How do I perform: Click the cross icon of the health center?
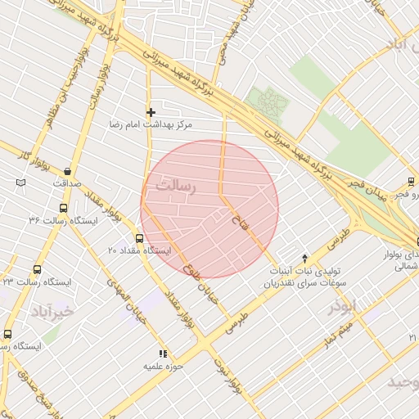click(x=151, y=112)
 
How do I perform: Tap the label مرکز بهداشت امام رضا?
click(x=155, y=126)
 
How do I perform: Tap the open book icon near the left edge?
click(x=20, y=182)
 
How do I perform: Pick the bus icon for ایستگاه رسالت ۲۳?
click(x=37, y=269)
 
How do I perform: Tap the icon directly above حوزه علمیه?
click(x=162, y=354)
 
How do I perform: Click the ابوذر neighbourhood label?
click(x=342, y=307)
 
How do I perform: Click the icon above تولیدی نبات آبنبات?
click(x=305, y=257)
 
